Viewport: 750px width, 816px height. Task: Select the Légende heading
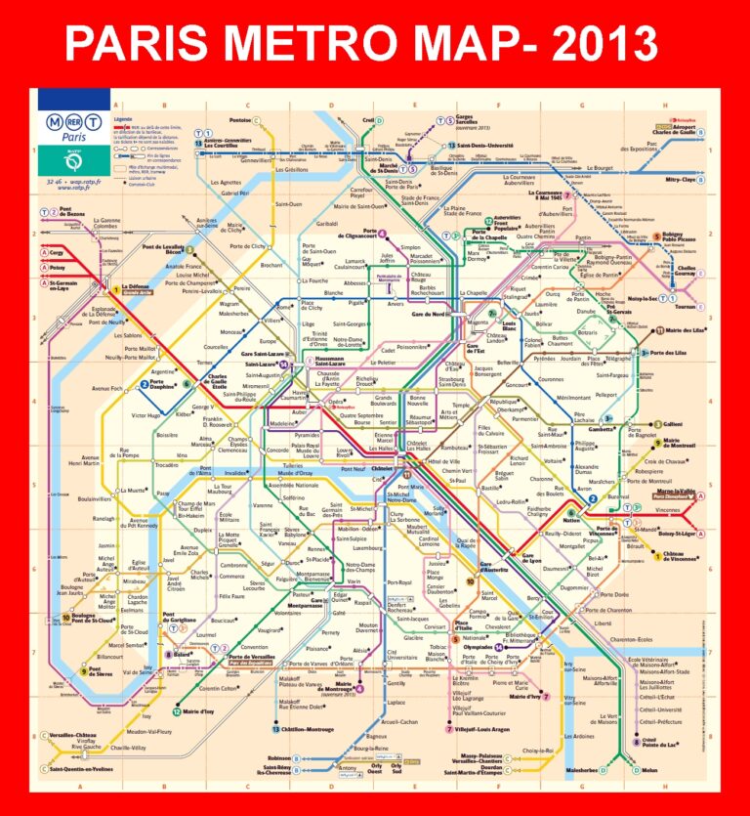pos(123,118)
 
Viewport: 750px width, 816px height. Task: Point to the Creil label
pos(368,120)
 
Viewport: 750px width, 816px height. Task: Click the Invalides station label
pos(236,473)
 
